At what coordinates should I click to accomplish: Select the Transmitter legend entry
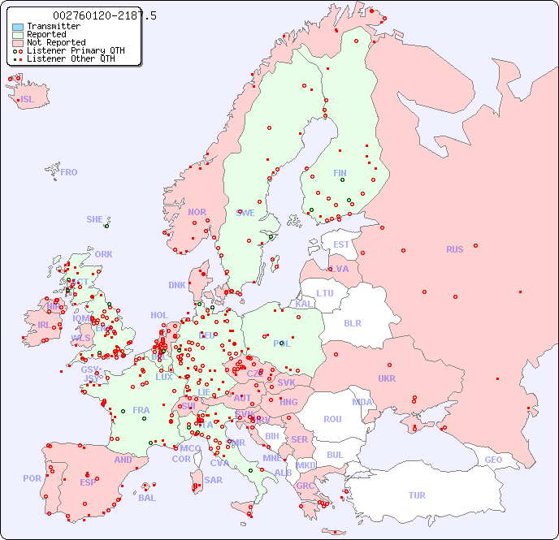click(54, 26)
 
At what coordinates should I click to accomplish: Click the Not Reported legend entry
click(56, 42)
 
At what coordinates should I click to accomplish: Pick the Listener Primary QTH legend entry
click(76, 50)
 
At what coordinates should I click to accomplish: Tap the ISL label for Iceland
click(28, 100)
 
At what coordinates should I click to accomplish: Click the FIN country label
click(340, 173)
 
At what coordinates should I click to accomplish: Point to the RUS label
click(454, 249)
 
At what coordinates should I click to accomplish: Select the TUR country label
click(417, 495)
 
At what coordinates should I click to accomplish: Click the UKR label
click(387, 378)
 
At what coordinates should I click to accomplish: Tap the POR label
click(32, 478)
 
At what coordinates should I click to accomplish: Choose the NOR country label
click(197, 212)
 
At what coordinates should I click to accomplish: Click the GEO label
click(493, 460)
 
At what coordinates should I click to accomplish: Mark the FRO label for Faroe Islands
click(68, 172)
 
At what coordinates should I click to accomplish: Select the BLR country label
click(353, 322)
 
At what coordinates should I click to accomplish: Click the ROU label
click(332, 419)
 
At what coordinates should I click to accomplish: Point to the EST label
click(341, 244)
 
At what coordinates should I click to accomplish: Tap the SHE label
click(95, 219)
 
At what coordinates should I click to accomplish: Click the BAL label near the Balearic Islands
click(147, 498)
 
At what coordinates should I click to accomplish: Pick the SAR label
click(213, 480)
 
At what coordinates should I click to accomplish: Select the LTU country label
click(325, 293)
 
